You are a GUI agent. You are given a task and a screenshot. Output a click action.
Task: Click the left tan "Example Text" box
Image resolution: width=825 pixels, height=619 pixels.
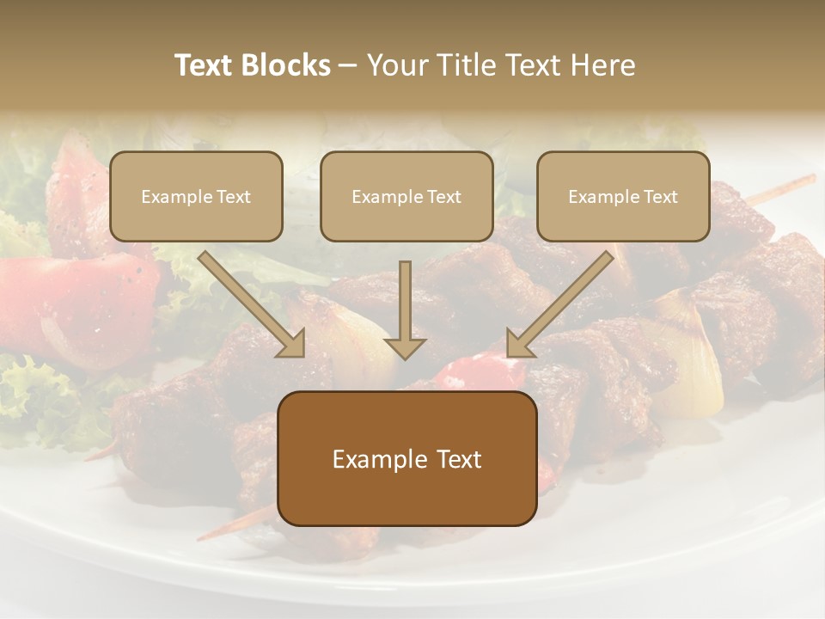point(196,196)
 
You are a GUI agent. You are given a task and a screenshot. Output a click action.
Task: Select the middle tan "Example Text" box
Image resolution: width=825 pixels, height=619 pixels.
point(406,196)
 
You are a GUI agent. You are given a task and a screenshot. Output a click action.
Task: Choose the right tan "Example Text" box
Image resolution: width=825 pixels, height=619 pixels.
point(623,196)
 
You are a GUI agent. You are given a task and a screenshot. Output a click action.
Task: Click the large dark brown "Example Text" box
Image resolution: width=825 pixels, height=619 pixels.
point(407,458)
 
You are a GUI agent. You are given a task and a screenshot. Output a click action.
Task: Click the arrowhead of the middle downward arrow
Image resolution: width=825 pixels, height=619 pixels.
point(405,347)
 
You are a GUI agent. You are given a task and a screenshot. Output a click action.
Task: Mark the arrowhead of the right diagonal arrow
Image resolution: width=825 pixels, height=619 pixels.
point(516,345)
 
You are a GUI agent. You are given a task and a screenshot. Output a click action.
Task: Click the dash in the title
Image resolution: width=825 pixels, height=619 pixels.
point(348,65)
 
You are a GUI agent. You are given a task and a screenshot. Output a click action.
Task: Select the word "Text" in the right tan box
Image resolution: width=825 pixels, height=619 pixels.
point(660,196)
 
